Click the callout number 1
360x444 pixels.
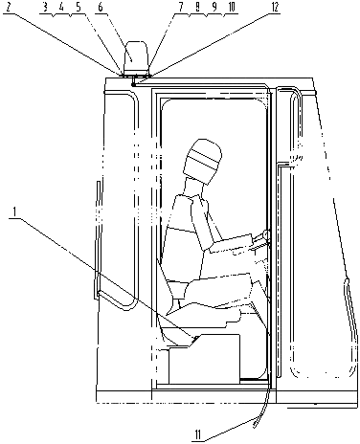point(12,211)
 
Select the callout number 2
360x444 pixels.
point(8,8)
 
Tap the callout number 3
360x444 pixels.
point(45,8)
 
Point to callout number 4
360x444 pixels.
point(61,8)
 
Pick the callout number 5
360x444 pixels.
point(78,8)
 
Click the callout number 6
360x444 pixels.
point(101,8)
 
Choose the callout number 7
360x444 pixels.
point(181,8)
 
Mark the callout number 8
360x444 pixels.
point(198,8)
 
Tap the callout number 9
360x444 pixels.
point(214,8)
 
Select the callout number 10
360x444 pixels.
point(231,8)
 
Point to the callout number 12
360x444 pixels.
point(274,8)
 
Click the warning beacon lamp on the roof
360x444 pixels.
point(136,57)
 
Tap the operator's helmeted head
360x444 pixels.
point(203,161)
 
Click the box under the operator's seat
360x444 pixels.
point(204,358)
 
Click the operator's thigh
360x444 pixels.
point(220,287)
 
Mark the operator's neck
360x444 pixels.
point(194,189)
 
